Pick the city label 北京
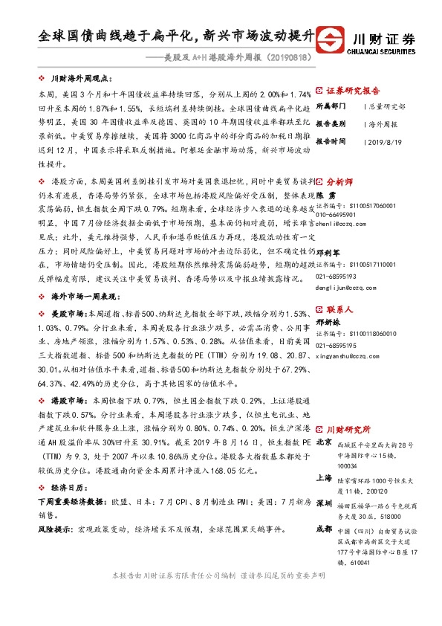(324, 441)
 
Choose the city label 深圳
(324, 503)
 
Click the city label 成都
(324, 529)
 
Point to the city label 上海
(324, 478)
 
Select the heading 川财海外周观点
(79, 77)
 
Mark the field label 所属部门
(331, 106)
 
